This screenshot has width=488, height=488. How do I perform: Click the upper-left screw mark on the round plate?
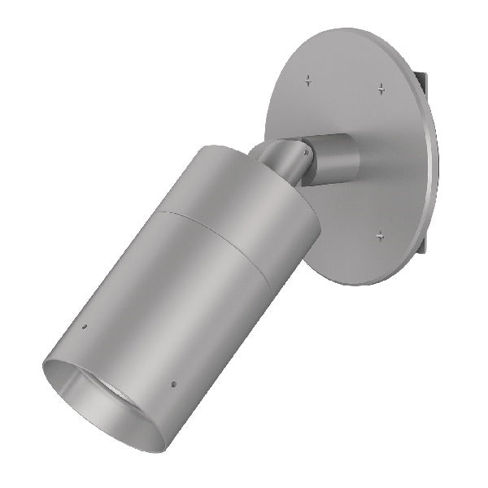click(307, 80)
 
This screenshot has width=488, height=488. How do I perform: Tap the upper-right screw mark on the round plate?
click(381, 88)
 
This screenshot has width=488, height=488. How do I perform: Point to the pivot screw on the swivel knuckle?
click(304, 151)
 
